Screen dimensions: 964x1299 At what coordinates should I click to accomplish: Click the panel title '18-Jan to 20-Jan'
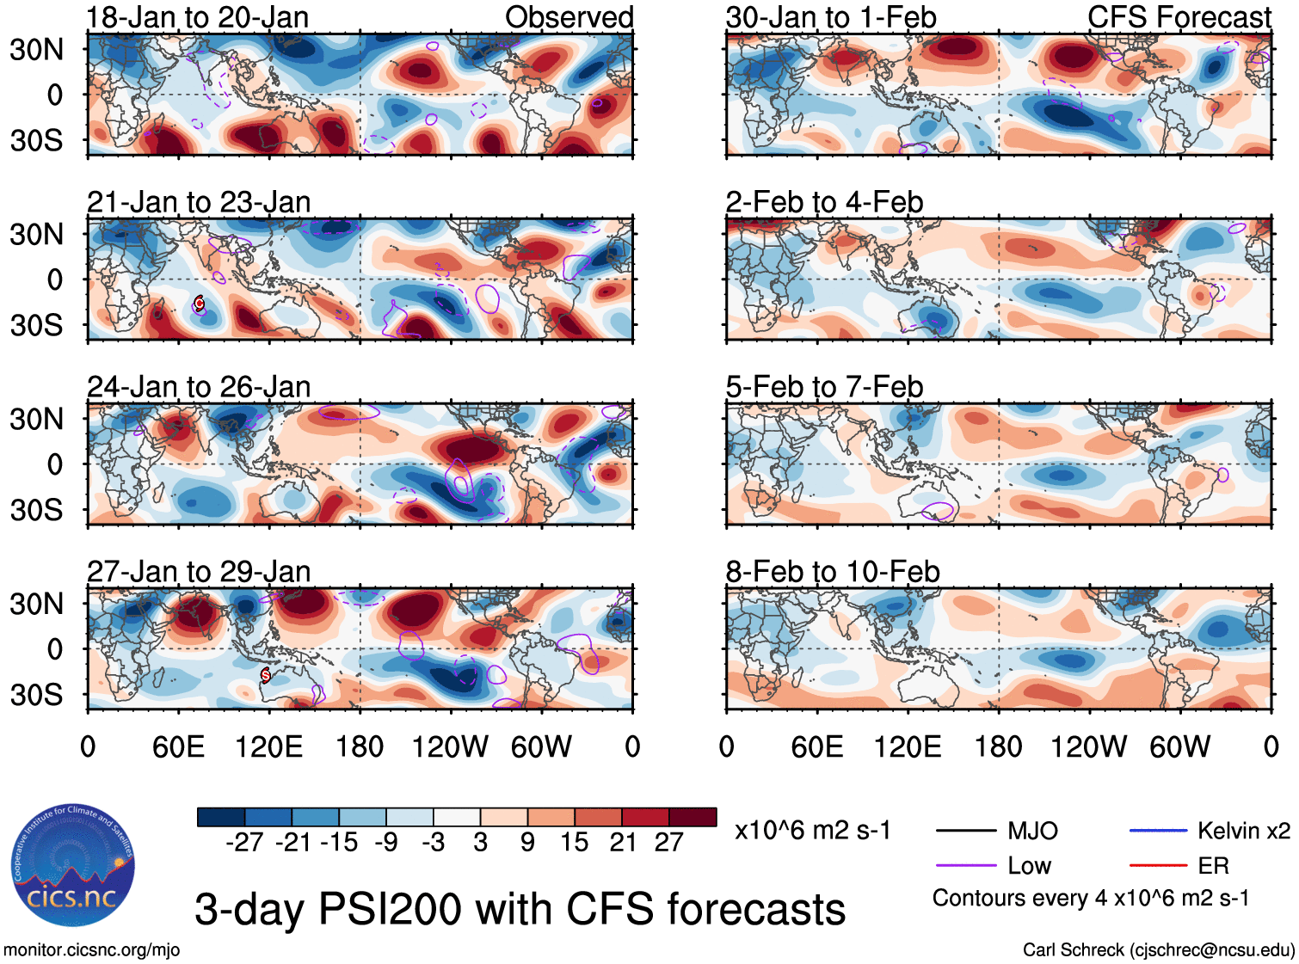198,17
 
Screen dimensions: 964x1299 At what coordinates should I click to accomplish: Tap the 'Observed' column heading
569,17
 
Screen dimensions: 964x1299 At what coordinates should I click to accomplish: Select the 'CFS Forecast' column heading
1179,17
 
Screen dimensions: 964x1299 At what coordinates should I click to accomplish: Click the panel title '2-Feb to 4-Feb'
824,202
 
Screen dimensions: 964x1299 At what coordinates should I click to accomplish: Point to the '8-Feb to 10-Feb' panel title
833,572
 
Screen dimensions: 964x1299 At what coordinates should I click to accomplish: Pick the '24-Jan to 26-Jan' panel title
199,387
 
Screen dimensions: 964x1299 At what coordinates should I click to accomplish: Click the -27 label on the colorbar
244,843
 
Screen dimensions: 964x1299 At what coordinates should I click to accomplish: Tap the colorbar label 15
574,843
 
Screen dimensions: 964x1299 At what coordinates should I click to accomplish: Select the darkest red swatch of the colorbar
693,817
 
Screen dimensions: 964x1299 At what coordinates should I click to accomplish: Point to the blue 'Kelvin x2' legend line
1158,831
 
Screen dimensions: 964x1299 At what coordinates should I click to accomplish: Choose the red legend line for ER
1158,865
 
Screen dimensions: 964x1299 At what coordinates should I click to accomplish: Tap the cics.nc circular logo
73,866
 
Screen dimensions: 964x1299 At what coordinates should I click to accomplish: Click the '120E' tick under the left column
269,747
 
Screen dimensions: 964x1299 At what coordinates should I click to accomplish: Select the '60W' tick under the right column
1179,747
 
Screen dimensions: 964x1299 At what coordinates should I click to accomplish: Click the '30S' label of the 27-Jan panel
37,695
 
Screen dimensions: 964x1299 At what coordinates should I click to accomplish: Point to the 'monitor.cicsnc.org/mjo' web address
91,950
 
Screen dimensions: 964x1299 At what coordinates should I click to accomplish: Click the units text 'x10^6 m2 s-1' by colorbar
812,831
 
